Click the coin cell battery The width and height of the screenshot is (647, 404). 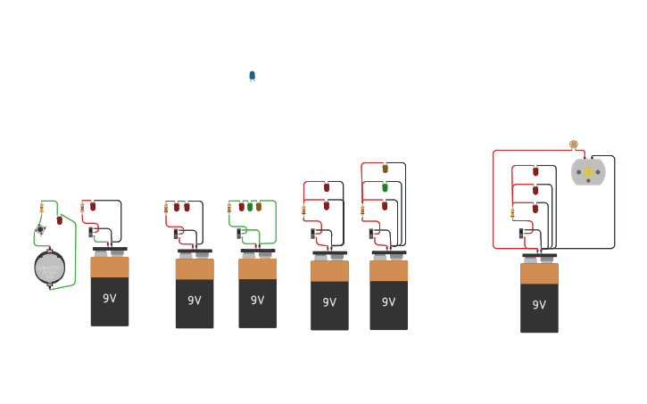pos(49,267)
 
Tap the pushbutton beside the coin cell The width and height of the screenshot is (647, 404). pos(40,230)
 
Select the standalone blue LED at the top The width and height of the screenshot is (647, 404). pos(252,77)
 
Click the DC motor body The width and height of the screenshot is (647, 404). pos(588,172)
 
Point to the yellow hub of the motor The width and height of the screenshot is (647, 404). pos(588,172)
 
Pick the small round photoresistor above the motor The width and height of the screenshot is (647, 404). pos(574,144)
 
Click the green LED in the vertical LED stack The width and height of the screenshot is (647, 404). pos(385,187)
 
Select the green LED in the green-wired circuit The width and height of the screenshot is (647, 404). pos(250,206)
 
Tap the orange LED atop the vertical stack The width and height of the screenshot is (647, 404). pos(385,168)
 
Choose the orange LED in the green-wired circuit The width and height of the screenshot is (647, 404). pos(259,206)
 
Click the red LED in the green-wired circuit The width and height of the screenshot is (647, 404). pos(241,206)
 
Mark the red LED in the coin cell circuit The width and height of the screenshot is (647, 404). pos(59,219)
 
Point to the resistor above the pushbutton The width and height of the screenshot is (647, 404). pos(41,209)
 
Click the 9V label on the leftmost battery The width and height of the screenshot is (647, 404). pos(109,298)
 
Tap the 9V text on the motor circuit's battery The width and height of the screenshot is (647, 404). pos(539,305)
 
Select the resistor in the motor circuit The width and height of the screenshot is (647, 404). pos(512,212)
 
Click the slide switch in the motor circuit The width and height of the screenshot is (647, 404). pos(522,234)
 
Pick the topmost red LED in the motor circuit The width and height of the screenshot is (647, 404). pos(535,170)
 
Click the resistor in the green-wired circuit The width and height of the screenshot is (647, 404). pos(229,208)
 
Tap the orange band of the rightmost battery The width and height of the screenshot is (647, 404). pos(539,274)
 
